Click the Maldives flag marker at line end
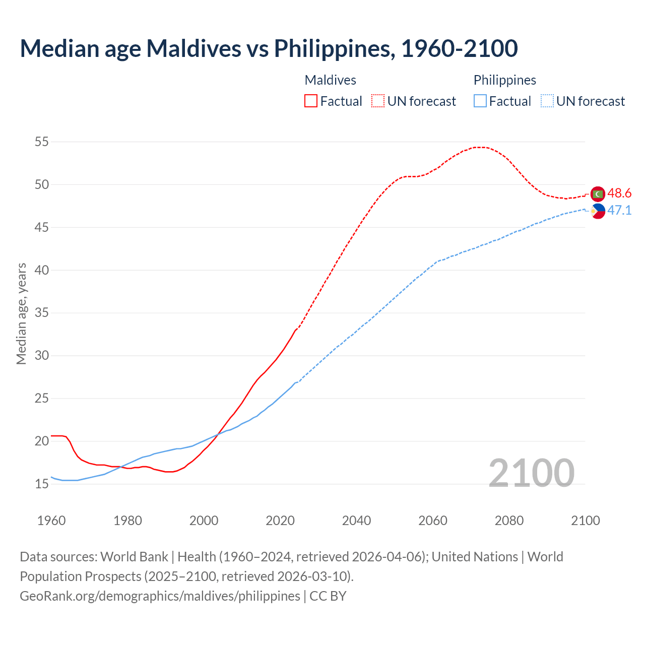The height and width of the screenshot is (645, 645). pos(598,193)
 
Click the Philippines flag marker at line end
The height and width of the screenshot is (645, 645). pos(598,211)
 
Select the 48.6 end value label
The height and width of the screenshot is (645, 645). pos(619,193)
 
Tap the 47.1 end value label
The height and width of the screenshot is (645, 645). pos(619,211)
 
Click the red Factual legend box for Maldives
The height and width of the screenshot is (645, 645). pos(311,101)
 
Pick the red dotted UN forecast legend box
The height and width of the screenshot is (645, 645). pos(378,101)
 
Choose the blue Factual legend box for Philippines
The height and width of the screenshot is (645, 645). pos(480,101)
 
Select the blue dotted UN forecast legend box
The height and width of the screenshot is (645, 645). pos(547,101)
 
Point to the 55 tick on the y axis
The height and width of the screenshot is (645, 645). pos(42,142)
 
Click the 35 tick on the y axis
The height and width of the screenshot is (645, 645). pos(42,313)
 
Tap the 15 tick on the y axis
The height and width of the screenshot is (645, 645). pos(42,484)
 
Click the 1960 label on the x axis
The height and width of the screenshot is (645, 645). pos(51,521)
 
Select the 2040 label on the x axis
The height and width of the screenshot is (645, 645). pos(356,521)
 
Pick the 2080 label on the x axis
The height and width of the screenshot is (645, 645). pos(509,521)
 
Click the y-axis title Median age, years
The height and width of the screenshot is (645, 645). pos(21,313)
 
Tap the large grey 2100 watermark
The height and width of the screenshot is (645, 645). pos(531,473)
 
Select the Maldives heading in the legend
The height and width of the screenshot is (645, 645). pos(331,80)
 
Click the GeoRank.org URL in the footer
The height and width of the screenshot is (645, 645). pos(160,596)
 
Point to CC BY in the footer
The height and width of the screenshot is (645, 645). pos(328,596)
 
